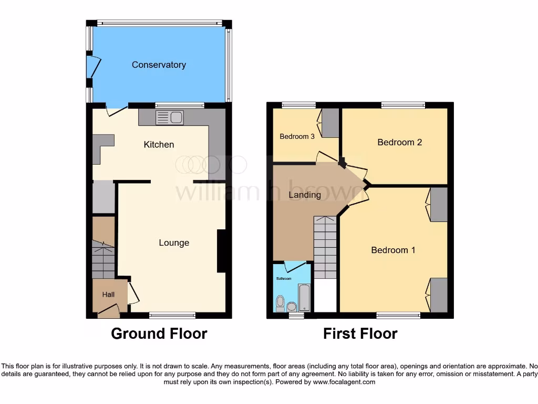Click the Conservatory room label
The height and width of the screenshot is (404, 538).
point(159,65)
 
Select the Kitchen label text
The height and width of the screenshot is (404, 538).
point(159,145)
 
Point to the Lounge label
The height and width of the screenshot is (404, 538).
point(174,243)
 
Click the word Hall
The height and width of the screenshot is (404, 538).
point(108,295)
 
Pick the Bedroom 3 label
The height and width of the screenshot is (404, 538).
point(297,137)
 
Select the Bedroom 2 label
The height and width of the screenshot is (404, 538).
point(399,142)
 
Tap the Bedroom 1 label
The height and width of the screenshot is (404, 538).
point(393,250)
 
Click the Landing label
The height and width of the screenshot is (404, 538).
point(305,195)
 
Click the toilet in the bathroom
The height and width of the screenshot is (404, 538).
point(281,303)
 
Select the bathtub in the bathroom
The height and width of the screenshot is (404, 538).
point(304,298)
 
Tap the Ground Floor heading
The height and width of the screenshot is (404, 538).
point(159,334)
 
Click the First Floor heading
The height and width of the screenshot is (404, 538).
point(360,334)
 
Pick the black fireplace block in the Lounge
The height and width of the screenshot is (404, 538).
point(222,251)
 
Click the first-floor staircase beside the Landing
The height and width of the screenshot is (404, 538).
point(326,247)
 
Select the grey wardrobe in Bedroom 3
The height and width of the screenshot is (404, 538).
point(330,123)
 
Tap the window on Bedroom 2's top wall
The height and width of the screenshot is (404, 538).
point(403,105)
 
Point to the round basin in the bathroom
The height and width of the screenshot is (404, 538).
point(292,306)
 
